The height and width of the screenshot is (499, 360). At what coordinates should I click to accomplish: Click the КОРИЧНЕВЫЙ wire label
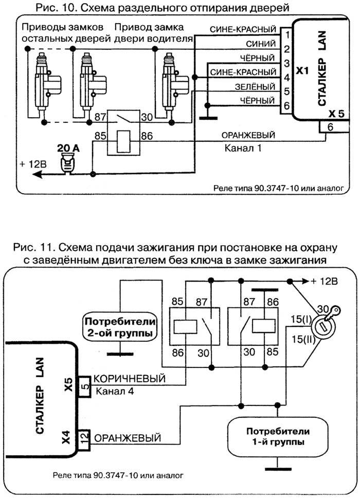[130, 379]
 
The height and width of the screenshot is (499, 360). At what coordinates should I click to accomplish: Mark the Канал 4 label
[115, 392]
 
